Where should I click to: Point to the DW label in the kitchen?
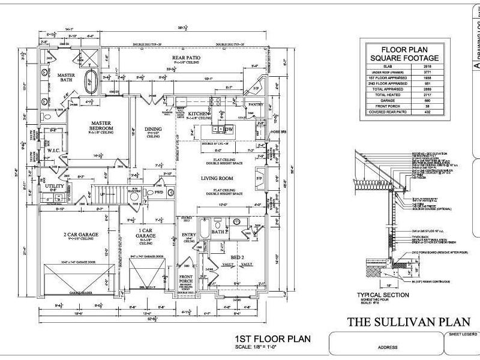click(229, 129)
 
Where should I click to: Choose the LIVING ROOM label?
click(217, 179)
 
